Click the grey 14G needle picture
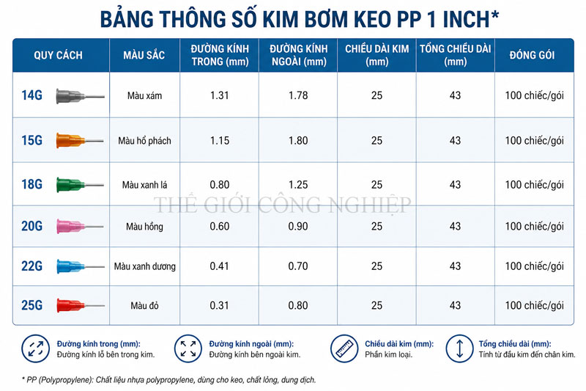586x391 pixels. coord(80,96)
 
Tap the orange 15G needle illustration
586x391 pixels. coord(80,141)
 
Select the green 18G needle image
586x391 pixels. coord(80,185)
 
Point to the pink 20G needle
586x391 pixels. coord(80,227)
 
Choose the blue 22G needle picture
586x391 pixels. coord(80,266)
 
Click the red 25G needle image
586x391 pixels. coord(80,305)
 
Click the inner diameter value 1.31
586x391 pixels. coord(219,95)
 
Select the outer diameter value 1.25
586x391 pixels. coord(298,184)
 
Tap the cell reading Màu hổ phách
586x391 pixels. coord(144,141)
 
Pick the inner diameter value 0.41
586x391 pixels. coord(219,266)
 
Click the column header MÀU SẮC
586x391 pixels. coord(144,55)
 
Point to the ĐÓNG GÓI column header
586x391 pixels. coord(533,55)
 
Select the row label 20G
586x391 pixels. coord(31,226)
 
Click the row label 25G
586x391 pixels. coord(31,305)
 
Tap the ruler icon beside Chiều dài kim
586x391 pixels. coord(344,348)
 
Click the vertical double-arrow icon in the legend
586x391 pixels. coord(460,348)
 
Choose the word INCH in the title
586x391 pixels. coord(466,20)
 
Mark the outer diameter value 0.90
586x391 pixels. coord(298,227)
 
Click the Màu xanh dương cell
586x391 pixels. coord(144,266)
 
